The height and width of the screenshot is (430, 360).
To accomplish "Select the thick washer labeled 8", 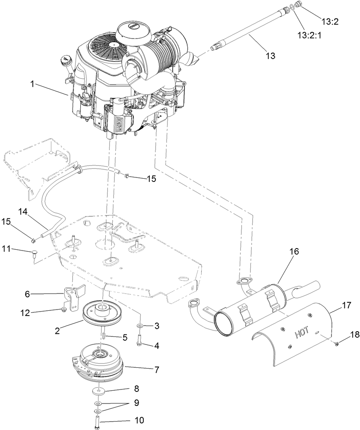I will coord(98,391).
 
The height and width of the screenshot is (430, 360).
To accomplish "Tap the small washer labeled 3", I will coord(139,325).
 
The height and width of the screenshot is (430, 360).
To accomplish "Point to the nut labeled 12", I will coord(63,310).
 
